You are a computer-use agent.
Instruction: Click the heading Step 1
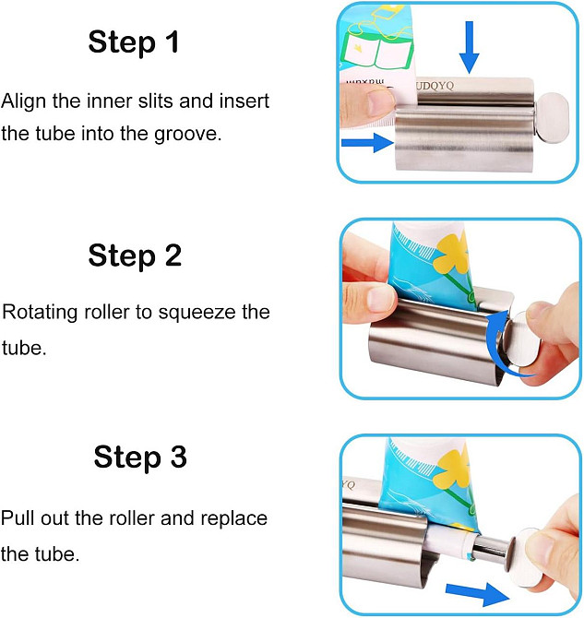134,42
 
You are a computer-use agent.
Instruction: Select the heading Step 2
135,255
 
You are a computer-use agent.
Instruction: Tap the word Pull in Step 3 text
18,517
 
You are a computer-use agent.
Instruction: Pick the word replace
234,517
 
